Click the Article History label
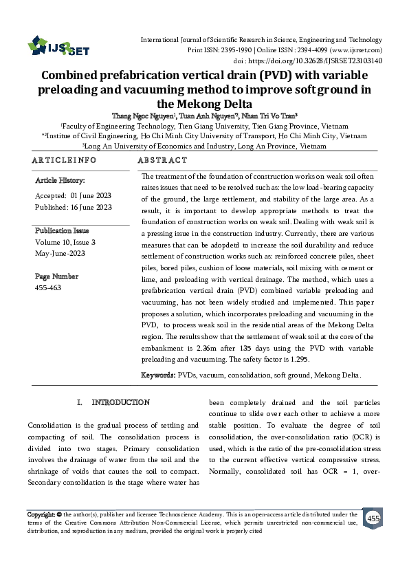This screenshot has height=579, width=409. tap(60, 181)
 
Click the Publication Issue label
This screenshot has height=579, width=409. tap(64, 230)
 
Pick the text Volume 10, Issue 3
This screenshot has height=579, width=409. tap(65, 242)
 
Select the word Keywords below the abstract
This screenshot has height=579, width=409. tap(158, 375)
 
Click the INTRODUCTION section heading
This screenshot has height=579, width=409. tap(121, 402)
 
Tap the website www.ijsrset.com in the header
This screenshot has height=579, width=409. tap(356, 50)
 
